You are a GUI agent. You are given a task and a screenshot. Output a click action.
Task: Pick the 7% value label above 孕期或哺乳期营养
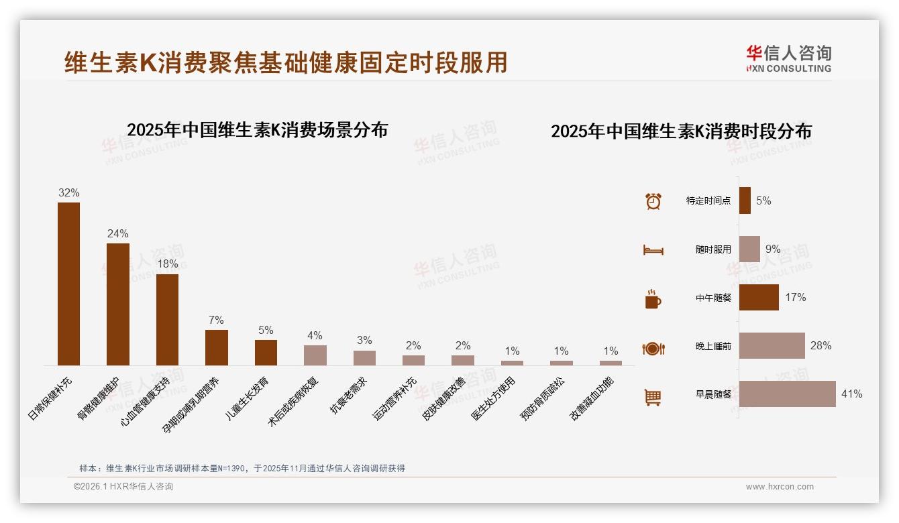[216, 321]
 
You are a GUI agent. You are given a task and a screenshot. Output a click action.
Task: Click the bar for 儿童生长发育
[266, 352]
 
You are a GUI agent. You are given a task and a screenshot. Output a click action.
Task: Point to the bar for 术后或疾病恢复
[315, 355]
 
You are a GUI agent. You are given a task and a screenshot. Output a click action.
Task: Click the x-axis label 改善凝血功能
[592, 399]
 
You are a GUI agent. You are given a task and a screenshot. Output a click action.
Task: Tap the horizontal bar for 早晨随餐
[787, 394]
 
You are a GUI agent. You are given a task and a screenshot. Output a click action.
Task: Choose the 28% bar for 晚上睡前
[772, 346]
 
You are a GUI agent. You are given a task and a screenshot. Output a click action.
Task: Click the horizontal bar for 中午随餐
[759, 297]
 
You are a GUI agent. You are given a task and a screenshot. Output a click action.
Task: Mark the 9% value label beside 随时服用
[773, 249]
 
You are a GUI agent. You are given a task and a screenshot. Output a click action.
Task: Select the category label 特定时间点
[708, 200]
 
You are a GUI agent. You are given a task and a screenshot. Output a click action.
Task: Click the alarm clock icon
[653, 201]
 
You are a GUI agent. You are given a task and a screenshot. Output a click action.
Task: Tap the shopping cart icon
[653, 397]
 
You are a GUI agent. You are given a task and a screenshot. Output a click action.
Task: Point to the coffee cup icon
[653, 299]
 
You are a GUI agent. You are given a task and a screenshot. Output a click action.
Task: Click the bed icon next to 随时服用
[653, 250]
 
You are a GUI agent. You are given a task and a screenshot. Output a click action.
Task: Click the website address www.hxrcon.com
[779, 487]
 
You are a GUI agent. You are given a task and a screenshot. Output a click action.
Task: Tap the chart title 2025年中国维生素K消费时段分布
[681, 131]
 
